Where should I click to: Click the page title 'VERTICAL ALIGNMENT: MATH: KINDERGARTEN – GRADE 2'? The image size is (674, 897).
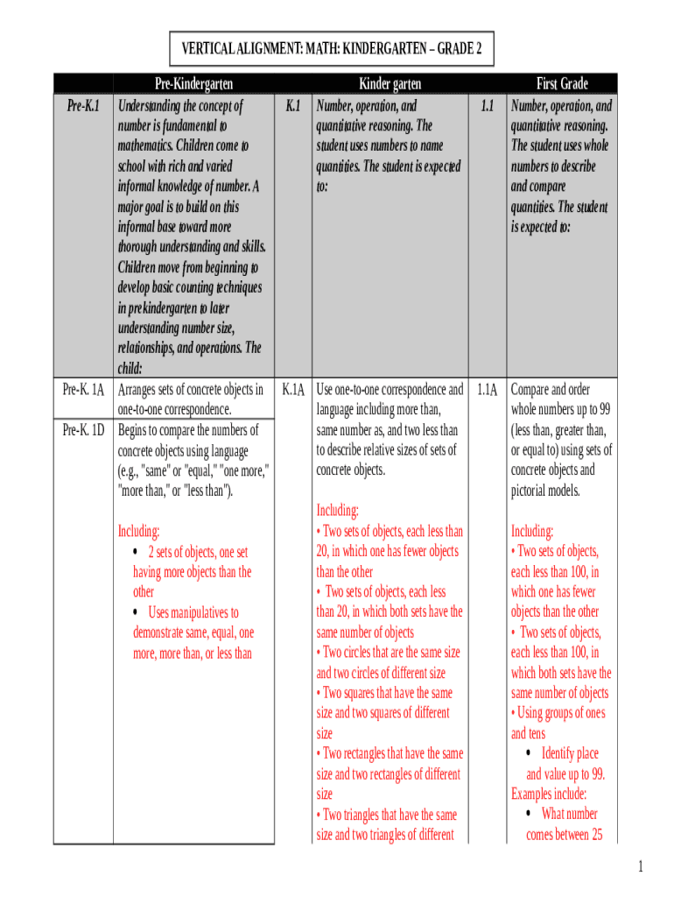(332, 48)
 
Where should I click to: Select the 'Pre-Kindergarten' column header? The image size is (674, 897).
(193, 84)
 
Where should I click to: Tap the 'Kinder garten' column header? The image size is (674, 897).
(390, 84)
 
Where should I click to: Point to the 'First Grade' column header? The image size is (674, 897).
(562, 84)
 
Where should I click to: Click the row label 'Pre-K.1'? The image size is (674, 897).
(83, 106)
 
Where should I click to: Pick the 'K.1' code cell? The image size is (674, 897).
(294, 106)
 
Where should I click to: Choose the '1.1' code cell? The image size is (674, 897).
(488, 106)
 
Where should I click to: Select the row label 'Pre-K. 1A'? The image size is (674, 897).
(83, 390)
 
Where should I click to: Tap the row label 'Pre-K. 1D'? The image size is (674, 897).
(83, 430)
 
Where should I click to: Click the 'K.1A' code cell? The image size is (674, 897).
(294, 390)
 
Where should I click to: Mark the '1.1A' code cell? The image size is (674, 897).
(488, 390)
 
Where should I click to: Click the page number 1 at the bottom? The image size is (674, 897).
(641, 867)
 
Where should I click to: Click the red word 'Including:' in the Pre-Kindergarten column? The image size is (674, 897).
(138, 532)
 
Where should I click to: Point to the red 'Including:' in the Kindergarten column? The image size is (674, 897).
(337, 511)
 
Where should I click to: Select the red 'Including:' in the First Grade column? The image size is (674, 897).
(532, 532)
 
